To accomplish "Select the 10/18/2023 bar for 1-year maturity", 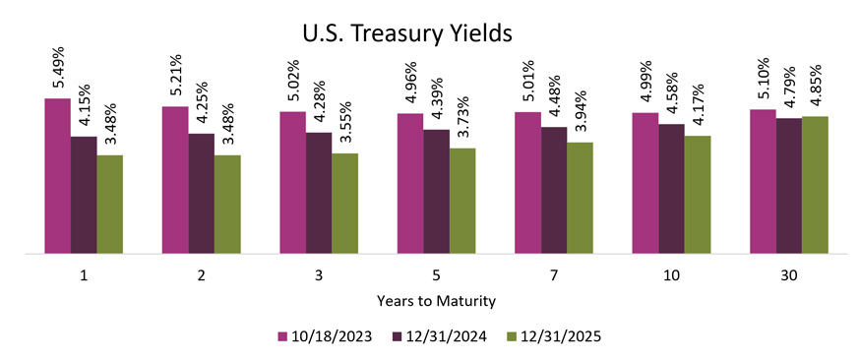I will (x=57, y=176).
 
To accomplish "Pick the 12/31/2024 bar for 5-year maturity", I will (x=436, y=192).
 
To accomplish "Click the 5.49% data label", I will (x=57, y=69).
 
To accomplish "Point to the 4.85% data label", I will (x=815, y=87).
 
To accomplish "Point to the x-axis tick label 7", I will (x=553, y=276).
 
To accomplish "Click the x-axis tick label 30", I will (x=789, y=276).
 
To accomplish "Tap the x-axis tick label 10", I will (x=671, y=276).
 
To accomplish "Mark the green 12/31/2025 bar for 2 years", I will (x=226, y=205).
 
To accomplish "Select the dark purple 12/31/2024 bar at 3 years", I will (x=319, y=193).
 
